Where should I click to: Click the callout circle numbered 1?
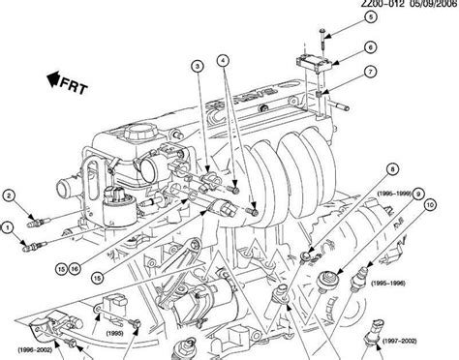[9, 228]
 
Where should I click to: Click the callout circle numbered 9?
[419, 193]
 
